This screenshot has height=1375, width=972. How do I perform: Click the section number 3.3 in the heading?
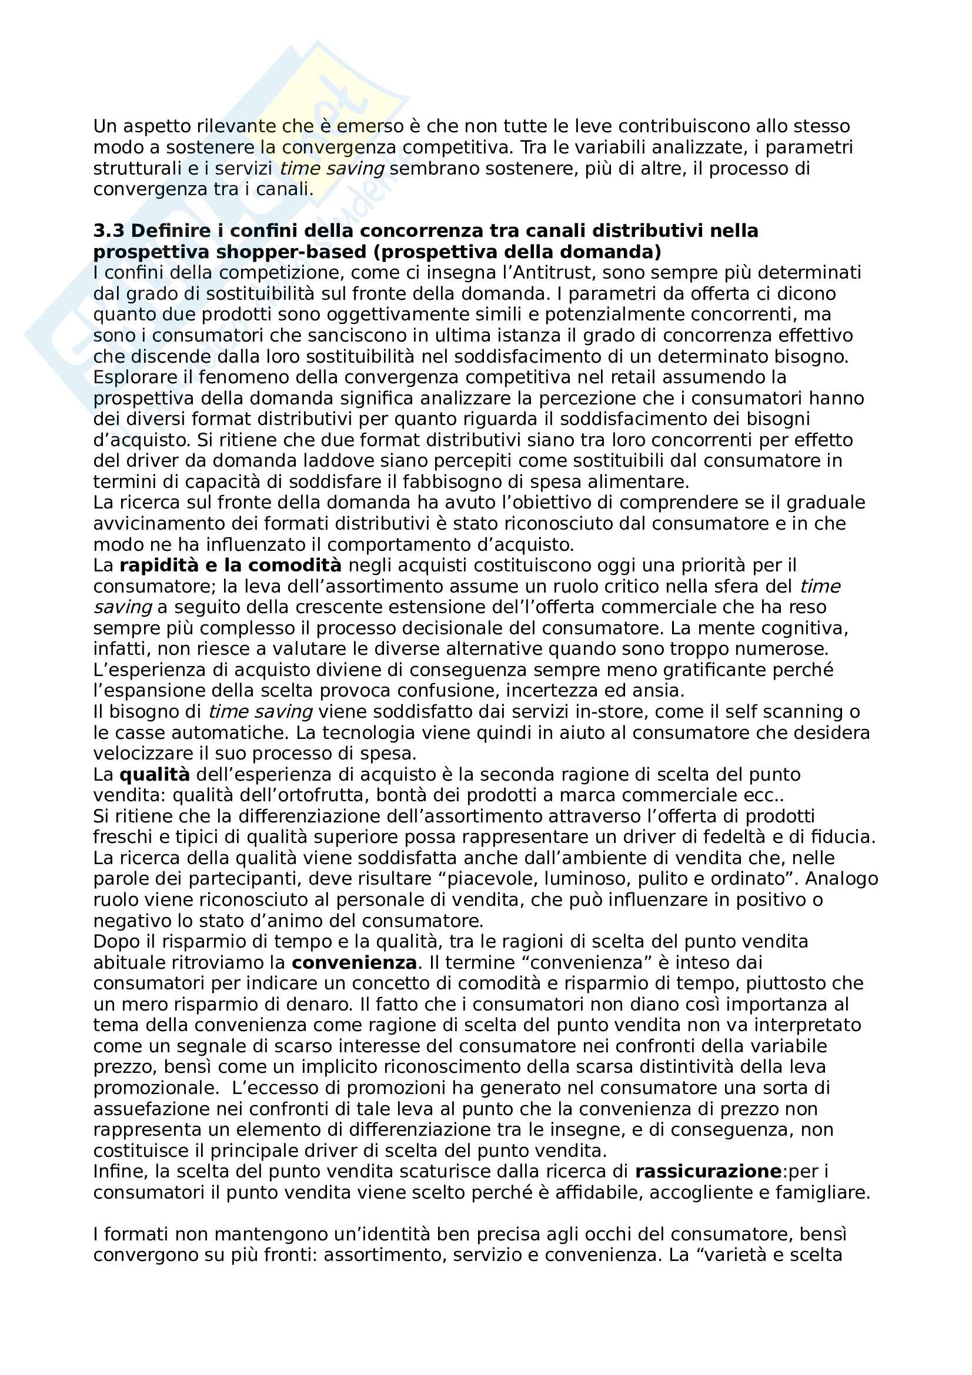pyautogui.click(x=109, y=231)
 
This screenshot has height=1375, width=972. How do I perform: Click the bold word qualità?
pyautogui.click(x=155, y=775)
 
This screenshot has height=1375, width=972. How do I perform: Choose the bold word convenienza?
pyautogui.click(x=354, y=963)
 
